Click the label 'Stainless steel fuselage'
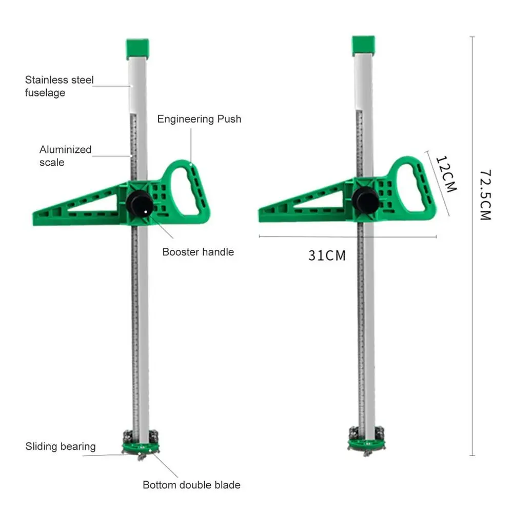pos(60,86)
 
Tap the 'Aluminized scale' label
pos(65,156)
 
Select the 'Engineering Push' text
pos(199,119)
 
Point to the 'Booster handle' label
pos(198,252)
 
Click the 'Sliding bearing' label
pos(61,446)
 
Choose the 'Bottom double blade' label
pos(191,485)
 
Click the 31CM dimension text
pos(327,255)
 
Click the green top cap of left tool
pos(137,48)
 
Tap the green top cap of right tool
pos(363,46)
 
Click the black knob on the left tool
pos(139,204)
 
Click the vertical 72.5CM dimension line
pos(472,246)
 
